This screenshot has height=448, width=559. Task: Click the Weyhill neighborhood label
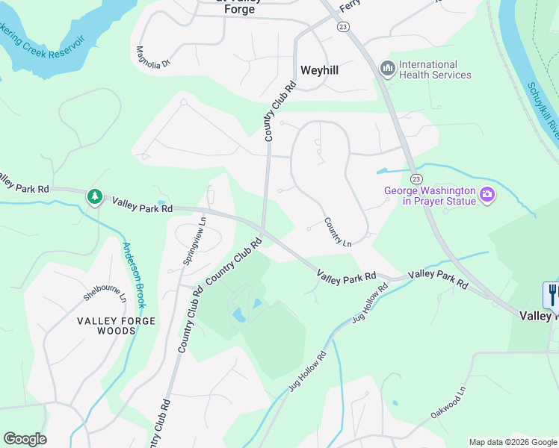click(319, 70)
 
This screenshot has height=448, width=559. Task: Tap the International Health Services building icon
click(387, 69)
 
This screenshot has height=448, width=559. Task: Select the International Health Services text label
click(435, 69)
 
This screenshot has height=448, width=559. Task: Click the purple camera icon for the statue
click(487, 196)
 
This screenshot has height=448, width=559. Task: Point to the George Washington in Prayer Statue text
click(430, 196)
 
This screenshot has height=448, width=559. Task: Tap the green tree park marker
click(94, 196)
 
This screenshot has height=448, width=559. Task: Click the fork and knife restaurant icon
click(552, 294)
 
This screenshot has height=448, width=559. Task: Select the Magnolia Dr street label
click(153, 57)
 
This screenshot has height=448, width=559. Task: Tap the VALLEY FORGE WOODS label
click(117, 326)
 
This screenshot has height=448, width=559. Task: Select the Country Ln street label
click(338, 232)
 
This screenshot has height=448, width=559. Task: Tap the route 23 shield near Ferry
click(343, 27)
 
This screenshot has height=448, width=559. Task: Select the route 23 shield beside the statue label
click(416, 178)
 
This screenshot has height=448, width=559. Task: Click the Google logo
click(25, 439)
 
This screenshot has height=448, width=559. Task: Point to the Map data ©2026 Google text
click(513, 442)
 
